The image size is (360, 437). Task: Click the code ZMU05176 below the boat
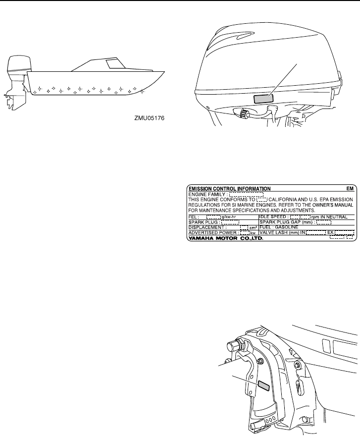(x=149, y=118)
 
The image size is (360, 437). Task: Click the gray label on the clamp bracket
(x=263, y=385)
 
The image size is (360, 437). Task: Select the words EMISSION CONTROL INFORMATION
(x=229, y=189)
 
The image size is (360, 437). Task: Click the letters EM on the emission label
(x=350, y=189)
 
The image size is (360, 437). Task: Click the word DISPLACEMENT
(x=206, y=227)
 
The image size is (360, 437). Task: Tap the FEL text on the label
(x=192, y=217)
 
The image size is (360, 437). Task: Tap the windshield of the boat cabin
(x=116, y=63)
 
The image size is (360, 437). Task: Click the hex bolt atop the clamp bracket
(x=235, y=344)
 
